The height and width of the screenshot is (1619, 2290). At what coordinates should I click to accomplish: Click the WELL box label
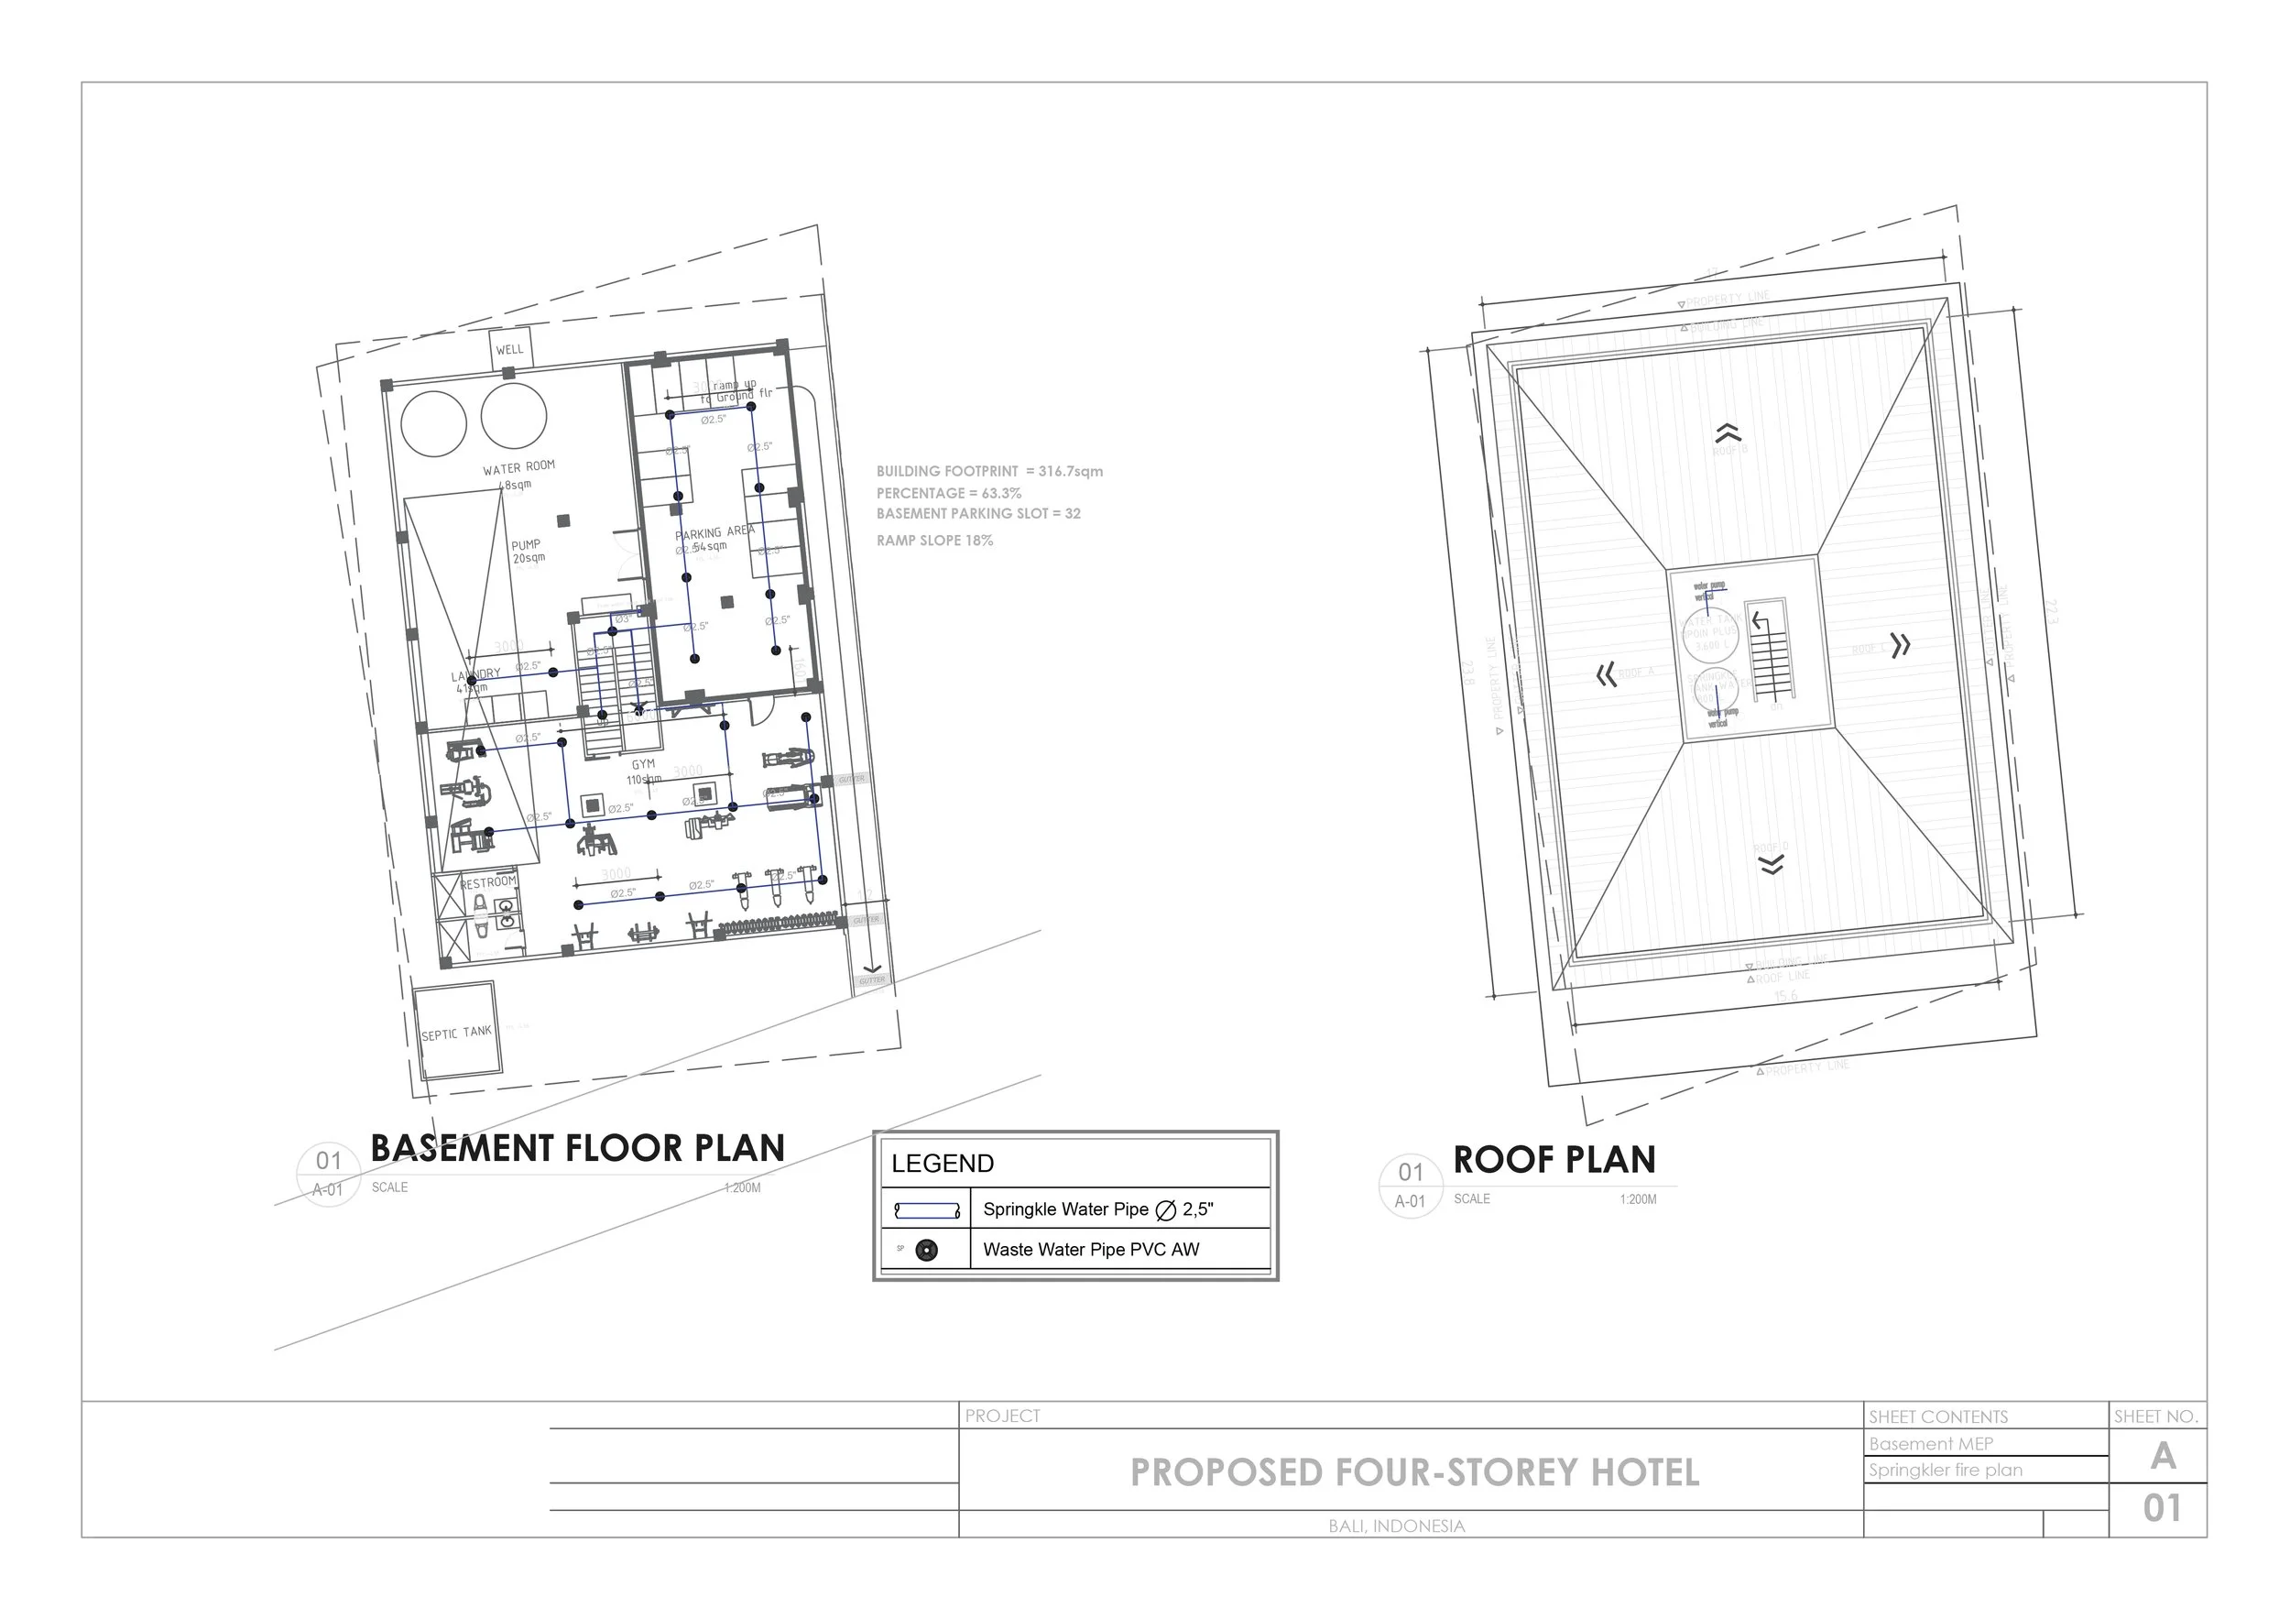509,349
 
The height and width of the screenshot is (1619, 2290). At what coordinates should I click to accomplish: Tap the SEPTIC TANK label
456,1033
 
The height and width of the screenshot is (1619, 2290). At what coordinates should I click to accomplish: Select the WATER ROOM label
518,468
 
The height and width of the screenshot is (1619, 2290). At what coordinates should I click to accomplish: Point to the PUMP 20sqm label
528,551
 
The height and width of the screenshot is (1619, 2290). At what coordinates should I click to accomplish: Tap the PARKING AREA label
714,532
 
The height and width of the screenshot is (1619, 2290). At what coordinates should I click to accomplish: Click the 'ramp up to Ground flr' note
735,390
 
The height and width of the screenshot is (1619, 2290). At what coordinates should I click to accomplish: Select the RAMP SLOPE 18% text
934,541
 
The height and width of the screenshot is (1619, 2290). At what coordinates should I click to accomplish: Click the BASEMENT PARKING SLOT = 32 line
977,514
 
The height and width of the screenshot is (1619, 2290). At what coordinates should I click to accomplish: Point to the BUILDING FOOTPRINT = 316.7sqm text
988,471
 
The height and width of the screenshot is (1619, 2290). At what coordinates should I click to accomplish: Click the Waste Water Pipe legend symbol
927,1250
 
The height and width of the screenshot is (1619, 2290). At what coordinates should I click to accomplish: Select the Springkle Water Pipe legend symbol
927,1210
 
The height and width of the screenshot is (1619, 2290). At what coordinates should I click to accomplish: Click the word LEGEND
942,1163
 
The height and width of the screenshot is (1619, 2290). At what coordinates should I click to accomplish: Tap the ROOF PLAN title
1553,1160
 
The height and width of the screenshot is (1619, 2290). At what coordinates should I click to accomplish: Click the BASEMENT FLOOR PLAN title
576,1148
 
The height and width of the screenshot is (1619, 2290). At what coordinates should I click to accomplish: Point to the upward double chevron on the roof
1728,433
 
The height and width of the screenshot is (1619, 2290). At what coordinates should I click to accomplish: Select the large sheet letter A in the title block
2163,1457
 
